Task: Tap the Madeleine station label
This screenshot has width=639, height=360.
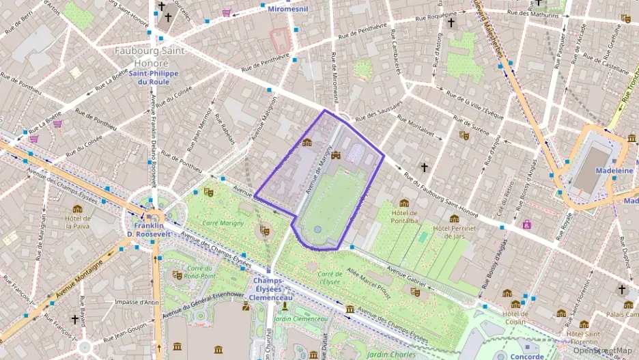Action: tap(614, 170)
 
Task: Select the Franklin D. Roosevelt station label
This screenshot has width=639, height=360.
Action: tap(148, 230)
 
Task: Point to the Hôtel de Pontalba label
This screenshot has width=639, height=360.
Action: tap(404, 217)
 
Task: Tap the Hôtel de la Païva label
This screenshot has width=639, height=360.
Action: tap(78, 222)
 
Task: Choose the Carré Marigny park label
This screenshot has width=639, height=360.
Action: tap(223, 223)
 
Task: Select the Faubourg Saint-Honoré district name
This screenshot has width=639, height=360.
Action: tap(150, 55)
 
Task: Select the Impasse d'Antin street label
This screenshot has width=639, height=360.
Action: tap(137, 302)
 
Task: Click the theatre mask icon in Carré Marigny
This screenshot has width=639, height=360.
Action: tap(264, 231)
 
